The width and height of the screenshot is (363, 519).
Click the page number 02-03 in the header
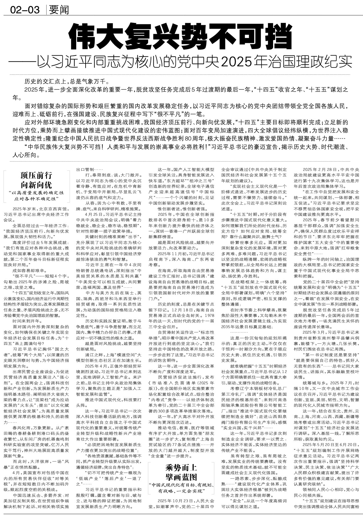click(x=25, y=10)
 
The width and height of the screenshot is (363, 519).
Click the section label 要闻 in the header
click(x=59, y=10)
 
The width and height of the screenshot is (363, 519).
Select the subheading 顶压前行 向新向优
click(x=36, y=180)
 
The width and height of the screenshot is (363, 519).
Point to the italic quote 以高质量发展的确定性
click(x=36, y=192)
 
